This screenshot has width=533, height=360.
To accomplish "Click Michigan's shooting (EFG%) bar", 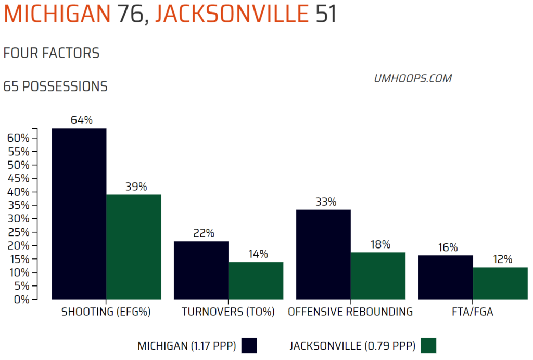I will click(79, 214).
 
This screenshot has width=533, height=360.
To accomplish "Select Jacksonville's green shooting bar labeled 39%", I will click(133, 247).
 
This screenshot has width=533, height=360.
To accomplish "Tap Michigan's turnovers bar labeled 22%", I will click(201, 270).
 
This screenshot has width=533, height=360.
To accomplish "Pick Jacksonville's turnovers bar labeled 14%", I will click(256, 281).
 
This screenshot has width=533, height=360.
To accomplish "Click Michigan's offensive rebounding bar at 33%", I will click(323, 255).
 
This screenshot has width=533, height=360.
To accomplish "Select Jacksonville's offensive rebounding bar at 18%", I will click(378, 276).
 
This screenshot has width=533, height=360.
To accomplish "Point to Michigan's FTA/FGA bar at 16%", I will click(446, 277).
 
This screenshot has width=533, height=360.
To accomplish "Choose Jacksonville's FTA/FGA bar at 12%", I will click(500, 283).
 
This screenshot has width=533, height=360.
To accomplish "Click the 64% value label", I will click(81, 120).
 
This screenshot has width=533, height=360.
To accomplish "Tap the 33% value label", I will click(325, 202).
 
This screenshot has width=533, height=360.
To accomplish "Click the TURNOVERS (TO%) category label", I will click(227, 312).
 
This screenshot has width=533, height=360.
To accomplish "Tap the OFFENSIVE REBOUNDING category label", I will click(350, 312).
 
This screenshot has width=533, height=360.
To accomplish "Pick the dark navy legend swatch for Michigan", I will click(249, 345).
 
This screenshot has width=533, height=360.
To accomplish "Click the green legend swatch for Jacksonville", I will click(428, 345).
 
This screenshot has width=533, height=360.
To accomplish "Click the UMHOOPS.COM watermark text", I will click(413, 79).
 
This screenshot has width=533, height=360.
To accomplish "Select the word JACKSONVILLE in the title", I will click(232, 14).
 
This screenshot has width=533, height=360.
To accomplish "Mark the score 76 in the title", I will click(131, 14).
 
